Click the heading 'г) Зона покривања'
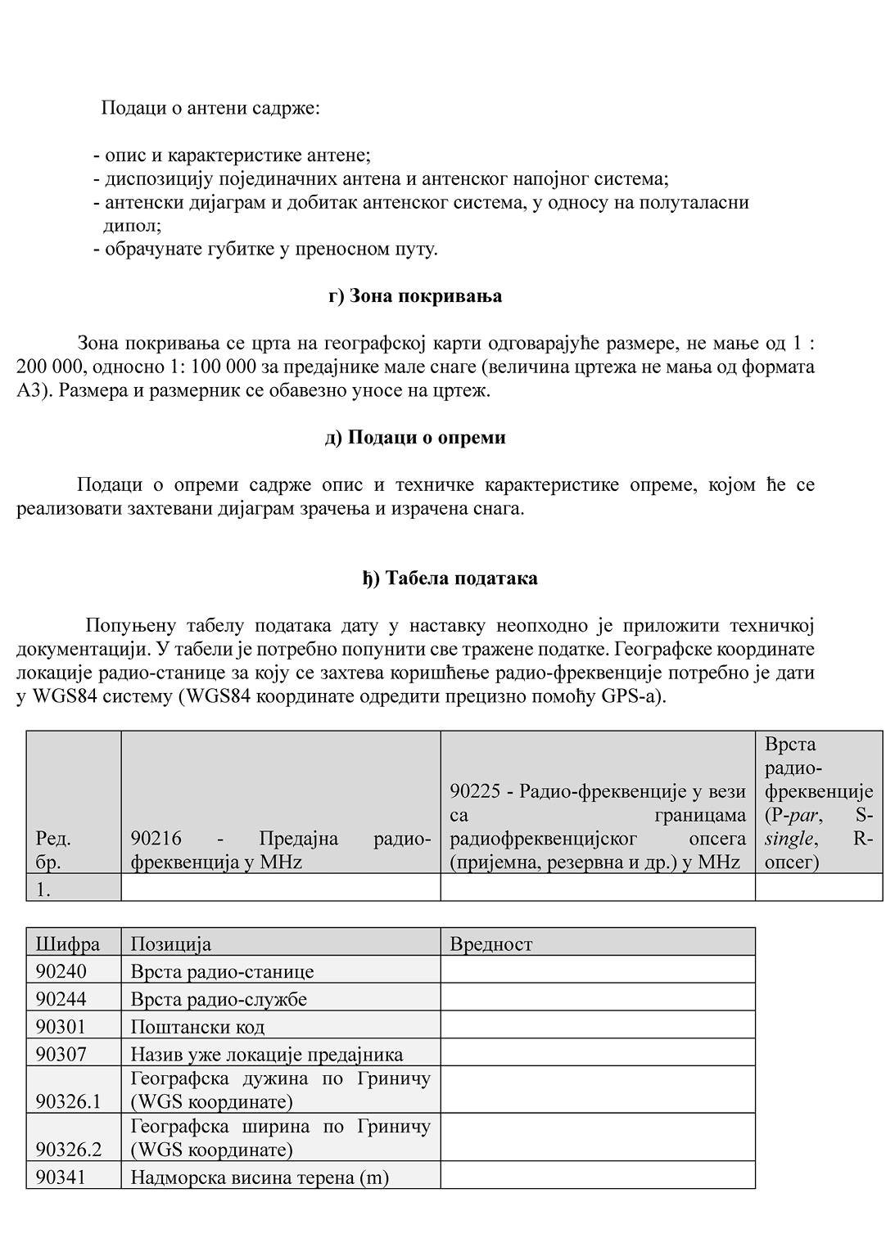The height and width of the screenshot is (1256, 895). tap(415, 296)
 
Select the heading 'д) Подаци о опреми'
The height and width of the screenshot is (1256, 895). tap(415, 438)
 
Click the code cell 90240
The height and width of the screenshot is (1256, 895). tap(61, 972)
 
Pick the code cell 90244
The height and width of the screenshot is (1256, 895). tap(61, 999)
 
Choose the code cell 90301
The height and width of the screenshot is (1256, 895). tap(61, 1027)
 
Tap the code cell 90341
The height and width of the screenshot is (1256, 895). tap(61, 1177)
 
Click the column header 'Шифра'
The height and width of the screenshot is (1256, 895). tap(68, 944)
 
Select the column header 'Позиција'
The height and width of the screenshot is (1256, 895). tap(171, 944)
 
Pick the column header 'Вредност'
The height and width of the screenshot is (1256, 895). tap(491, 944)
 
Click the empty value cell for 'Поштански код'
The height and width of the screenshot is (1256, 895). tap(597, 1026)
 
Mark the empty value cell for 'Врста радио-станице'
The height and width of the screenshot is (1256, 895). tap(597, 970)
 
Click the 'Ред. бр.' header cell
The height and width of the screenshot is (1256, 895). tap(54, 850)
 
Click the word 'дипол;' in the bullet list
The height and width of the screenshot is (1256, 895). tap(133, 225)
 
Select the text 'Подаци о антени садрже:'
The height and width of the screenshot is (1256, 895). tap(210, 108)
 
